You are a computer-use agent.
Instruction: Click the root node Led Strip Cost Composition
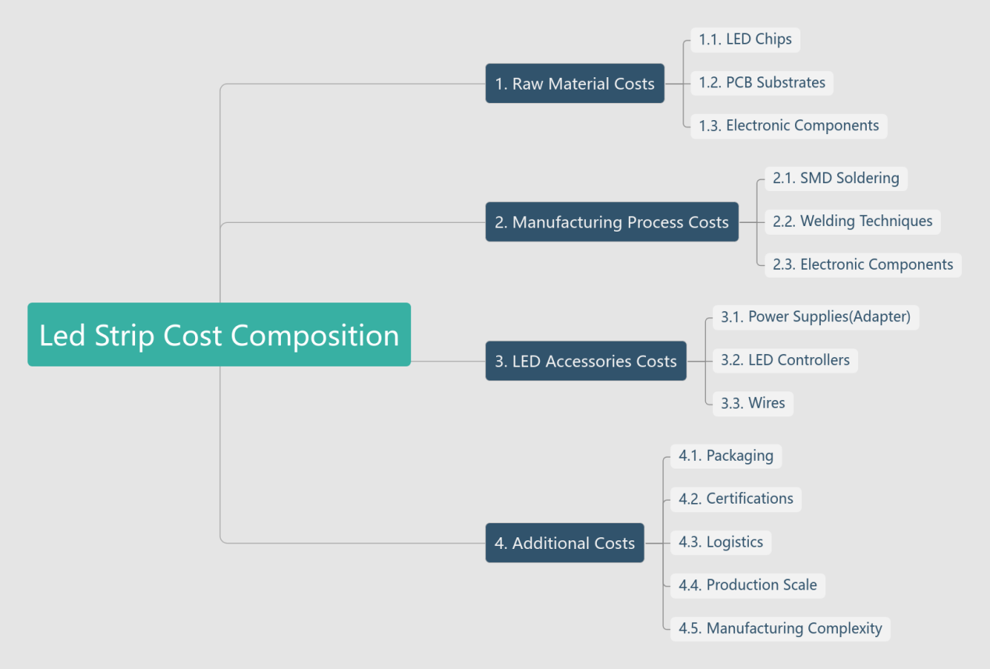tap(218, 334)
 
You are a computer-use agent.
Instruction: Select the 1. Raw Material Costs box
tap(575, 83)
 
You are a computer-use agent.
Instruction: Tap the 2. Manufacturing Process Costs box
tap(612, 222)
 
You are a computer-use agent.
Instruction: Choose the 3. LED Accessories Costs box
tap(586, 361)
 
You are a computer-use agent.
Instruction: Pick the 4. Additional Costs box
tap(565, 543)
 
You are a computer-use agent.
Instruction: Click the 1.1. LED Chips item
tap(745, 39)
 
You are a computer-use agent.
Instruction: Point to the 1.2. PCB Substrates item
tap(762, 83)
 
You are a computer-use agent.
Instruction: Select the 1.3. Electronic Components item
tap(789, 126)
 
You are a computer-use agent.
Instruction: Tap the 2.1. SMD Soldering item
tap(836, 178)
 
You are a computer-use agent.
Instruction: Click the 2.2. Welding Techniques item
tap(853, 221)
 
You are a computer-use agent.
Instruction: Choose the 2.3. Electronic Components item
tap(863, 264)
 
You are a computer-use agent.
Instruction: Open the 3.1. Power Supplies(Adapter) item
tap(815, 317)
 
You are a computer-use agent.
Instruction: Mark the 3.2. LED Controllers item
tap(785, 360)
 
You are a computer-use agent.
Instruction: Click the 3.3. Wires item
tap(753, 403)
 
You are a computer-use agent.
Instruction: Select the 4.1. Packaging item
tap(726, 455)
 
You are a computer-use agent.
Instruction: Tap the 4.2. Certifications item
tap(736, 499)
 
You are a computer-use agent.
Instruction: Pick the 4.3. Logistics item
tap(721, 542)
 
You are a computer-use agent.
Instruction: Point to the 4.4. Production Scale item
tap(747, 585)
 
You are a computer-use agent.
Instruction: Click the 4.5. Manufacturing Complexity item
tap(780, 628)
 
